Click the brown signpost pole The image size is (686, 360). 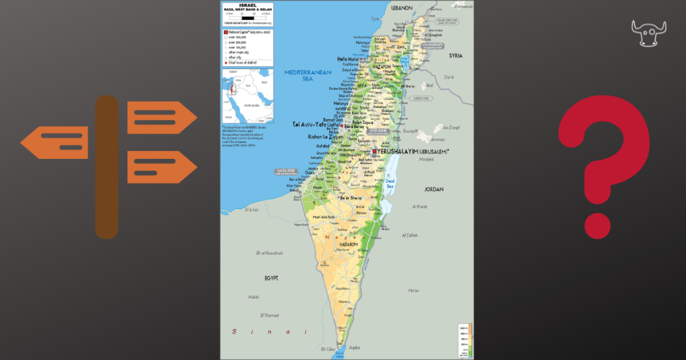[x=107, y=168]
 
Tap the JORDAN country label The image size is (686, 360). [x=433, y=189]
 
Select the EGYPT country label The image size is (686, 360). [x=271, y=277]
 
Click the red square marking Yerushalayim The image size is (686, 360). [x=374, y=152]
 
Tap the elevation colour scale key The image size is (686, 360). [x=465, y=341]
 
